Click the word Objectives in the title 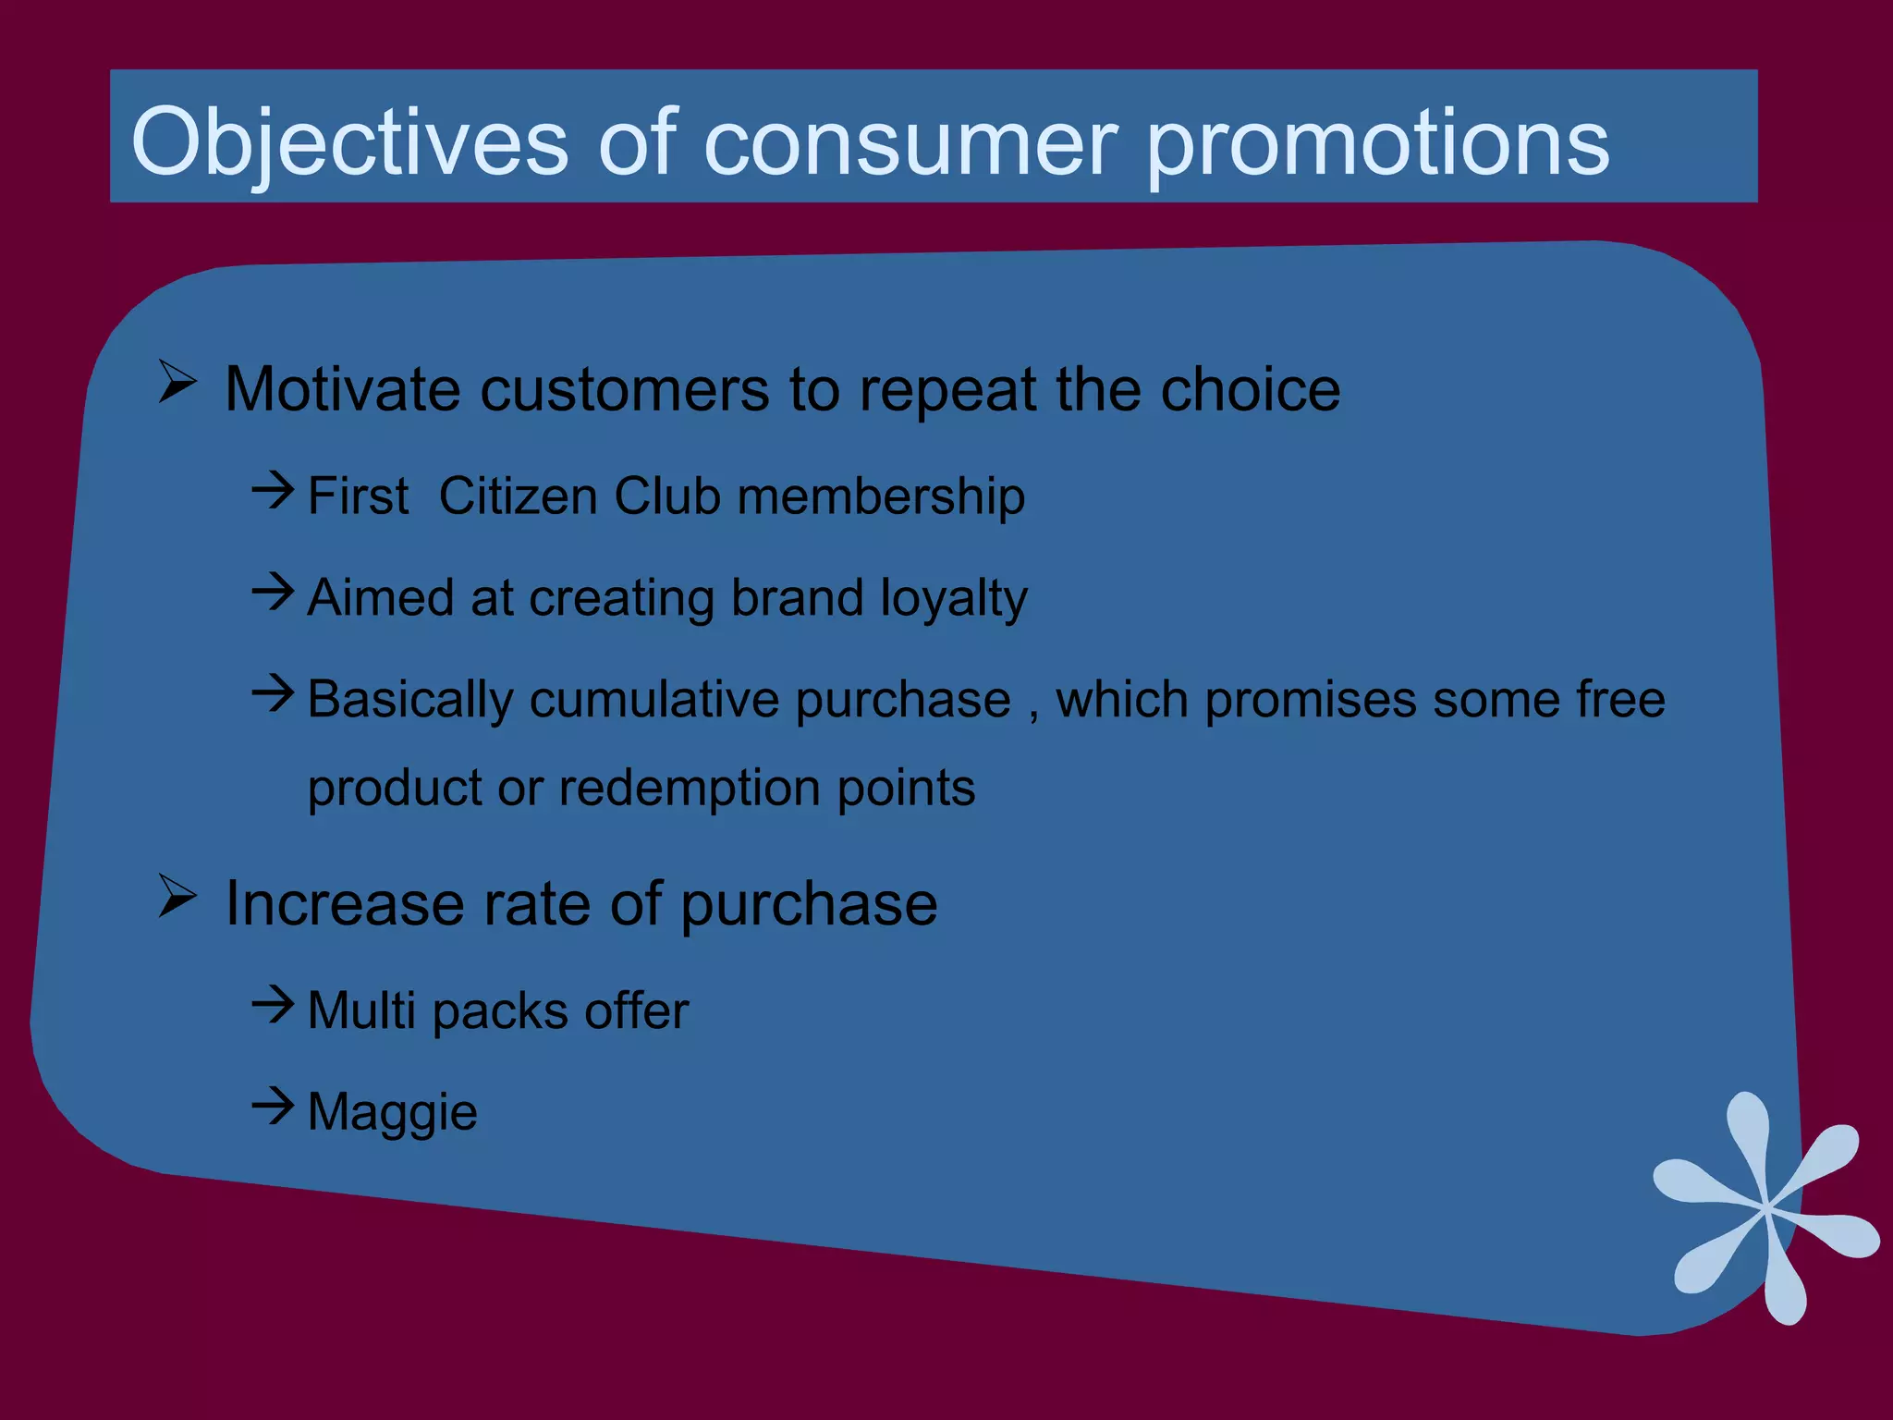(x=348, y=143)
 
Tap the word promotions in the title (x=1377, y=143)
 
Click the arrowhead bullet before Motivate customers (x=177, y=381)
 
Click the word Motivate (x=342, y=389)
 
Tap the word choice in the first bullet (x=1250, y=389)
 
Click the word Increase (x=344, y=903)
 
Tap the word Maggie (x=392, y=1113)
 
